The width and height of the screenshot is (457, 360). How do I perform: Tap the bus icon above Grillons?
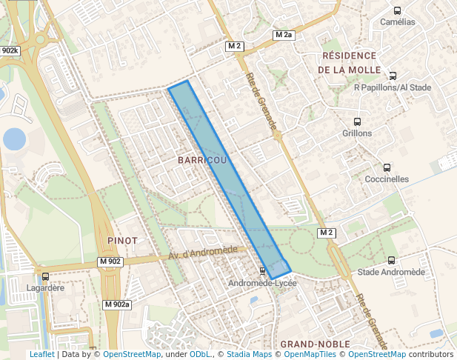tap(358, 121)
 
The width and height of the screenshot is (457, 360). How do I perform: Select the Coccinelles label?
tap(387, 179)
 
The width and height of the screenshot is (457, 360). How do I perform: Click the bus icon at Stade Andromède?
tap(391, 260)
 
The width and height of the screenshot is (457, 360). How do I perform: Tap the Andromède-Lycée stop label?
tap(262, 283)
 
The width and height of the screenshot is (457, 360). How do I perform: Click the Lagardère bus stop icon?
tap(45, 277)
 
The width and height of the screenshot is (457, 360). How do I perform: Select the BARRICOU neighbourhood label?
tap(202, 160)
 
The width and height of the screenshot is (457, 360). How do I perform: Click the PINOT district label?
tap(122, 241)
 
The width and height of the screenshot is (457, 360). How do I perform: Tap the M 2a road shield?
tap(284, 35)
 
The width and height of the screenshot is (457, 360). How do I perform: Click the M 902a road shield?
tap(117, 304)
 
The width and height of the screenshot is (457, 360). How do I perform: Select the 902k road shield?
tap(10, 51)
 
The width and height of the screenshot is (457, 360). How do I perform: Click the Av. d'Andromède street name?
tap(202, 253)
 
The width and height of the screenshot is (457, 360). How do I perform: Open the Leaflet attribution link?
tap(41, 355)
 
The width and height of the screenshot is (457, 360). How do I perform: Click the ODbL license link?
tap(200, 355)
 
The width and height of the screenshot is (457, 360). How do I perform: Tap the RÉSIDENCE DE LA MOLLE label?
tap(350, 62)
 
